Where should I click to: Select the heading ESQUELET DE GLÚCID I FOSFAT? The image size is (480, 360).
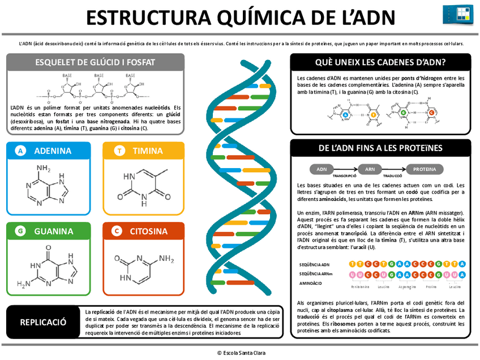(95, 62)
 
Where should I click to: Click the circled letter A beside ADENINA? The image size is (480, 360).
(20, 151)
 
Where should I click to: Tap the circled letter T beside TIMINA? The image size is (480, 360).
(119, 151)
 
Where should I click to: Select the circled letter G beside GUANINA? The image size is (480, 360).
(20, 231)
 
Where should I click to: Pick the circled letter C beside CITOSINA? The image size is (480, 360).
(117, 231)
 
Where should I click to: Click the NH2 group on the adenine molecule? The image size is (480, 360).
(44, 168)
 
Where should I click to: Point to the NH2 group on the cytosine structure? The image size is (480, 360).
(165, 259)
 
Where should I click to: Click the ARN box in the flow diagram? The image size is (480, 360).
(370, 169)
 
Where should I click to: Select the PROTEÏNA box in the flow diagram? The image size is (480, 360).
(424, 169)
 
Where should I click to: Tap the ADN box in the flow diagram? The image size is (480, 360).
(322, 169)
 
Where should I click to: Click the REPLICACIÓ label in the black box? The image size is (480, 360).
(43, 322)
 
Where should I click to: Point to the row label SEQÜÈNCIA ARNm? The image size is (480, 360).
(316, 273)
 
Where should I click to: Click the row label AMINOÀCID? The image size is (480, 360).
(311, 282)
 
